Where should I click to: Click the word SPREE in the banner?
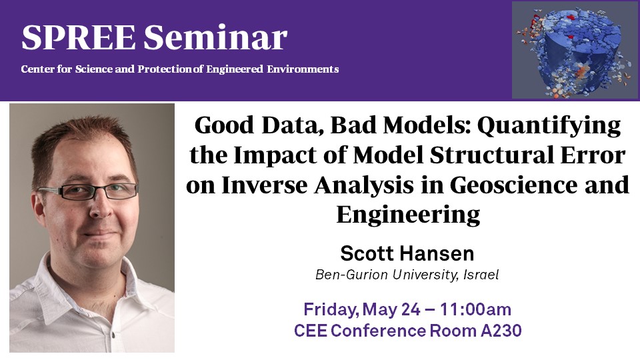click(78, 37)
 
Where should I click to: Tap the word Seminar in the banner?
click(215, 37)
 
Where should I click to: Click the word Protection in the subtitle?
click(164, 69)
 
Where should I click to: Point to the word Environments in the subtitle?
click(303, 69)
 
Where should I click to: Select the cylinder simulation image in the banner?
click(575, 50)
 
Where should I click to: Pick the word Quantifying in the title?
click(549, 126)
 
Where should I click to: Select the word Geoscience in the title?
click(514, 185)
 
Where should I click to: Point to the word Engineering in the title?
click(408, 215)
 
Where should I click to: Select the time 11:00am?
click(475, 309)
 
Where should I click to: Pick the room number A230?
click(501, 331)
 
